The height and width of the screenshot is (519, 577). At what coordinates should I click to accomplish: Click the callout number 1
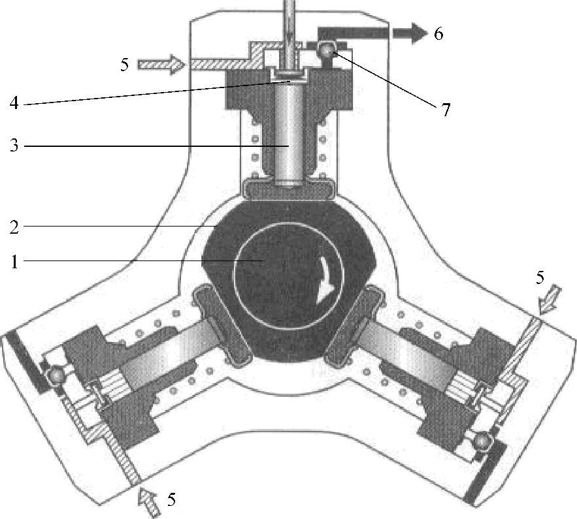coord(13,262)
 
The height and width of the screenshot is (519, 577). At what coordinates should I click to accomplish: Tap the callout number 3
coord(13,146)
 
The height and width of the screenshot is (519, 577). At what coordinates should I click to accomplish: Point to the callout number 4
coord(13,102)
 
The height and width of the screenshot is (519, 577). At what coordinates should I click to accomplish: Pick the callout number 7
coord(445,110)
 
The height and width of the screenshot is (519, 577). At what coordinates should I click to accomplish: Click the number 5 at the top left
coord(125,64)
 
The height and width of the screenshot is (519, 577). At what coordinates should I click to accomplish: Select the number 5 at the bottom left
coord(171,500)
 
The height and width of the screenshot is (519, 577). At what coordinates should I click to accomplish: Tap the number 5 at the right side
coord(540,277)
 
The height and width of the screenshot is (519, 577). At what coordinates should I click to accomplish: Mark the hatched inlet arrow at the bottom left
coord(146,503)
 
